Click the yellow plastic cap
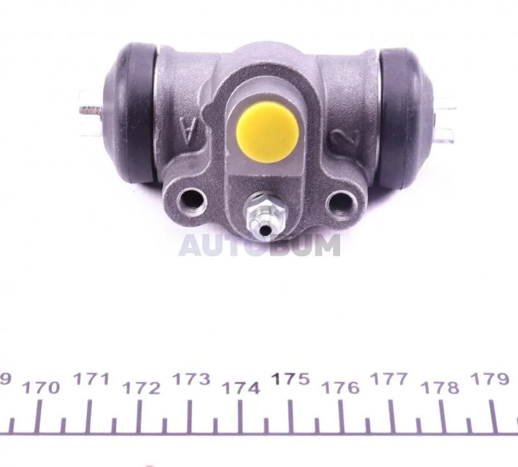[x=267, y=132]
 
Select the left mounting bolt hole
[x=192, y=200]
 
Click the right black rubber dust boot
[x=407, y=119]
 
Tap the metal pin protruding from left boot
[x=91, y=110]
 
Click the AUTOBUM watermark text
[x=260, y=245]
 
